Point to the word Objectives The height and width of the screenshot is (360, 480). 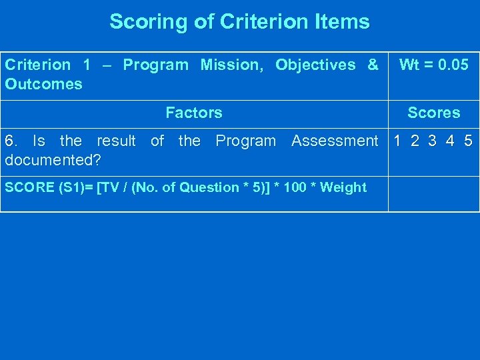[315, 65]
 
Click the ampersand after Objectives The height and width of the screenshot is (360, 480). [372, 65]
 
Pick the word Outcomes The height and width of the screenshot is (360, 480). [43, 84]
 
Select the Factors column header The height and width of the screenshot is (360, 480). [193, 113]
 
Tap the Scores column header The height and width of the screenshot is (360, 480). [433, 113]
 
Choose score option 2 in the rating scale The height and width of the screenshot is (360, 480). [415, 141]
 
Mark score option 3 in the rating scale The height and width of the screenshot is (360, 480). [433, 141]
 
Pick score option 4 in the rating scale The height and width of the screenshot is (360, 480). [451, 141]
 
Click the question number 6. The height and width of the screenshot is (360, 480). [9, 141]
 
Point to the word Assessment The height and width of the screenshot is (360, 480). [334, 141]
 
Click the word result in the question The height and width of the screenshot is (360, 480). [116, 141]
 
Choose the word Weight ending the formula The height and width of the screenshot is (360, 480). [343, 187]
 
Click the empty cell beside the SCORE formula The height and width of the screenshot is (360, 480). [433, 193]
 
